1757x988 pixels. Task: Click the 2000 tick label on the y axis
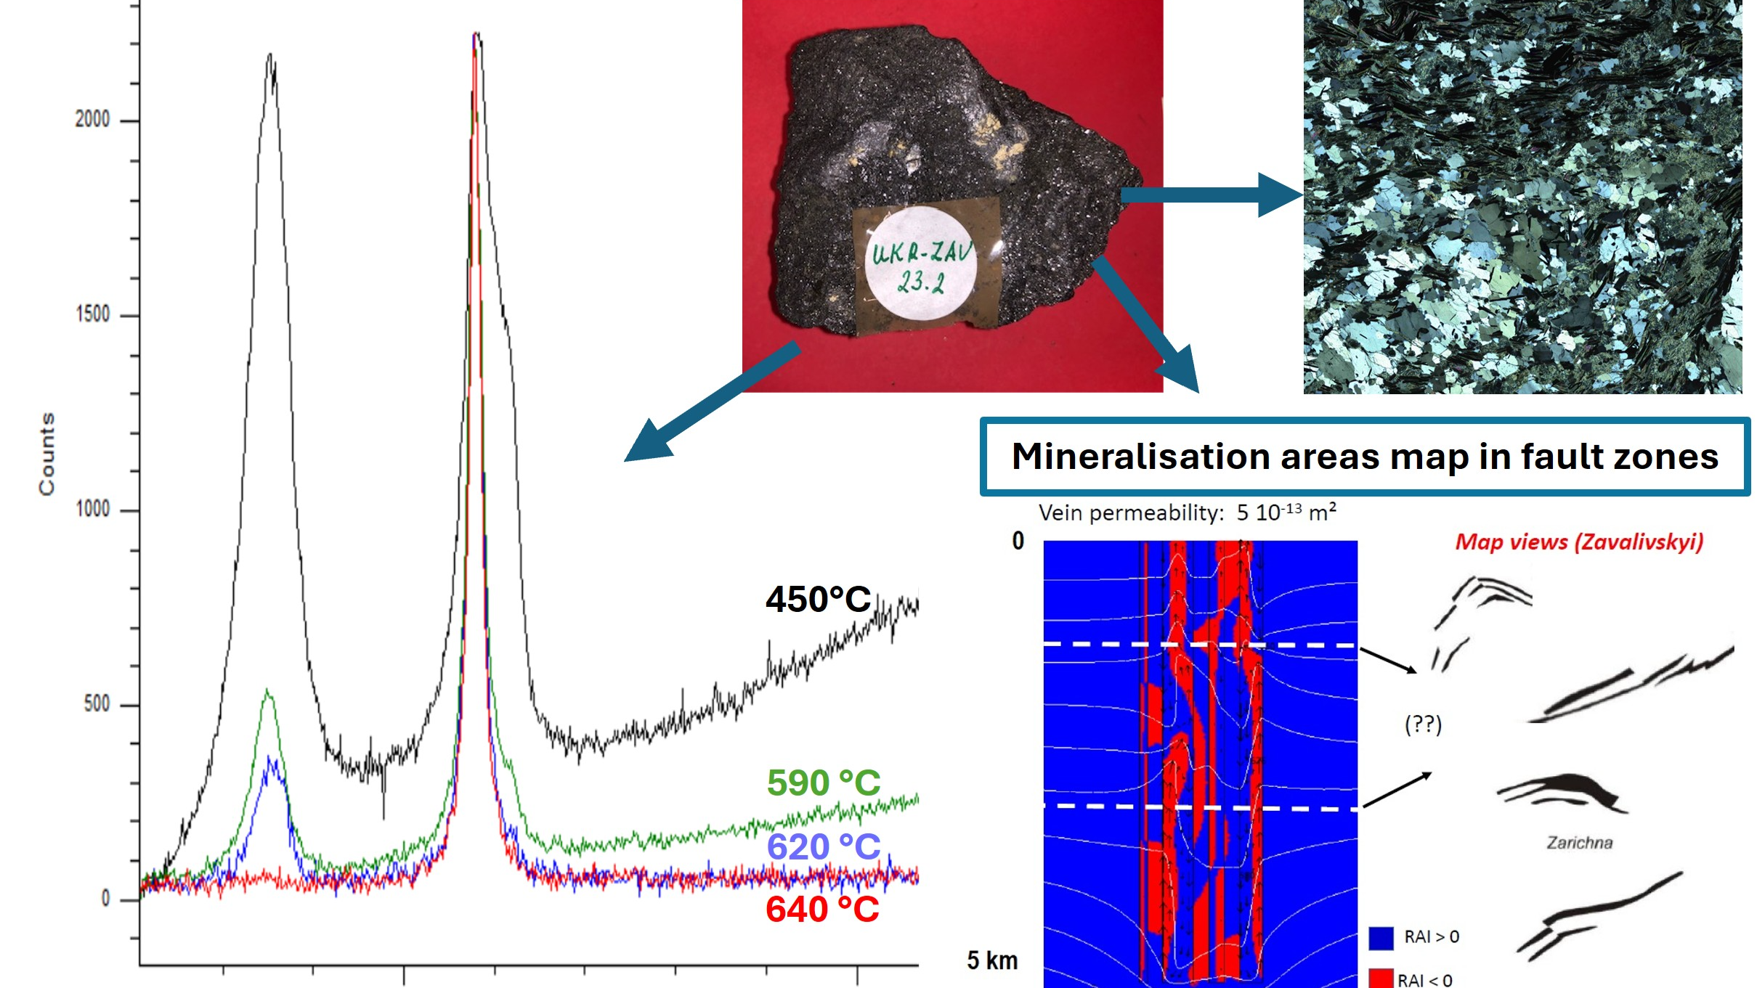92,120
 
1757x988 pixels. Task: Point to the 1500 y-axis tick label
92,314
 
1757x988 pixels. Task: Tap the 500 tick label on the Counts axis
96,704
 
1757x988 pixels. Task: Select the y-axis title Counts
46,454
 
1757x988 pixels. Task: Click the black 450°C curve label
818,600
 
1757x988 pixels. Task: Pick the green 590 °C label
824,783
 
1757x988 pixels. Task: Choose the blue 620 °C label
824,846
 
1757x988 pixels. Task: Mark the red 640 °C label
822,910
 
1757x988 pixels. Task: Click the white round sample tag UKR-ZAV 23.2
920,264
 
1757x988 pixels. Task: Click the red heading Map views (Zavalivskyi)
1579,542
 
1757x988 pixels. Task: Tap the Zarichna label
1579,843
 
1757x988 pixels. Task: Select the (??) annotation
1423,724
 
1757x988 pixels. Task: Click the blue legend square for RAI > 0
1381,938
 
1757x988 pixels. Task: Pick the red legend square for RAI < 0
1381,979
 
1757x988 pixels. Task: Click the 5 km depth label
992,960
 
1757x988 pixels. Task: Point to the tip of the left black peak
270,54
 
